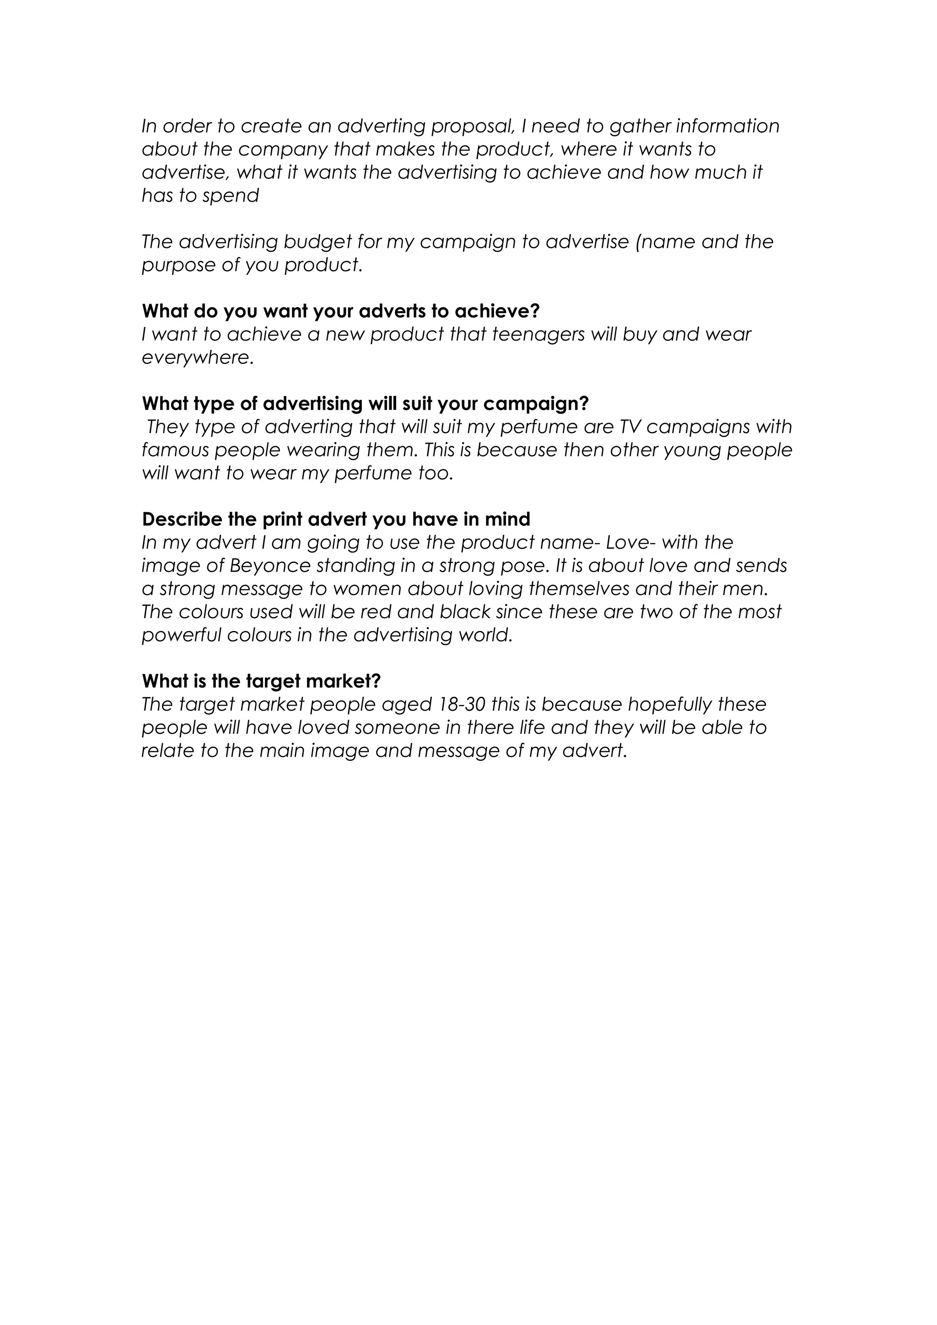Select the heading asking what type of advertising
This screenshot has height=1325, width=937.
[365, 403]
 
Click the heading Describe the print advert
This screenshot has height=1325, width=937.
[336, 519]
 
